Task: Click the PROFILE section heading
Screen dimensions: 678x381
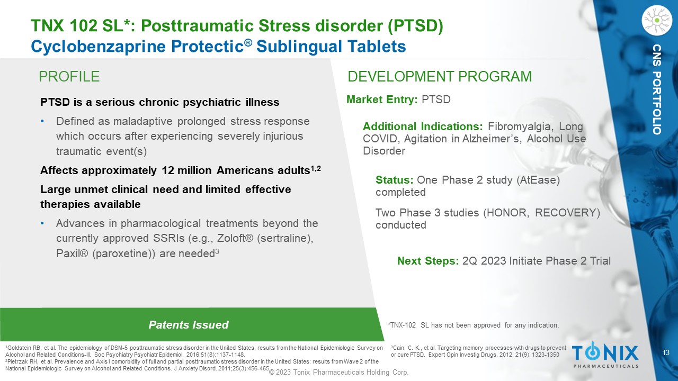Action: tap(69, 77)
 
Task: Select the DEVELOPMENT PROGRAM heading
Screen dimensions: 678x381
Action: tap(440, 77)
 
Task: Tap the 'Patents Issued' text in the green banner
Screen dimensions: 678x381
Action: tap(188, 325)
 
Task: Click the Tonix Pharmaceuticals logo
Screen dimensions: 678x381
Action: tap(605, 355)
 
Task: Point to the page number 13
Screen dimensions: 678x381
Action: tap(666, 352)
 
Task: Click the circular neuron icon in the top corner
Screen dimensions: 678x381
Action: tap(657, 21)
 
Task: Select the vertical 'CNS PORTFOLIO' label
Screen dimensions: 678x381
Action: tap(657, 89)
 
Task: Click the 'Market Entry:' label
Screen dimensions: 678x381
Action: tap(382, 99)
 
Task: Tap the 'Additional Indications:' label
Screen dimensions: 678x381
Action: tap(423, 126)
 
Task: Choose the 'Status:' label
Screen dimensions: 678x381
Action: tap(395, 180)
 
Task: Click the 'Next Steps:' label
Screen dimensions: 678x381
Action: tap(428, 261)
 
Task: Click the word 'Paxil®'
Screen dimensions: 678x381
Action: tap(72, 253)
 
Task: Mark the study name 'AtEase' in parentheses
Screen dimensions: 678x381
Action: tap(538, 180)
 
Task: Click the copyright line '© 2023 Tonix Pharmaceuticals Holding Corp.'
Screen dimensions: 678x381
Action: tap(338, 372)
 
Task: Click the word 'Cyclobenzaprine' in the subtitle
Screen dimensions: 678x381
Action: tap(99, 47)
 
